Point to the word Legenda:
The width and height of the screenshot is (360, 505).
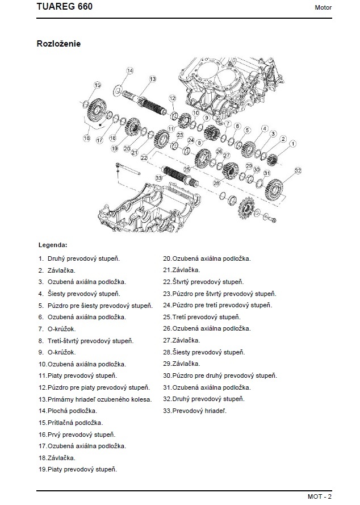53,245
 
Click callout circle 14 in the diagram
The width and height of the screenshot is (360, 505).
129,71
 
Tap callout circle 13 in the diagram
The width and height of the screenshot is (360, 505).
152,79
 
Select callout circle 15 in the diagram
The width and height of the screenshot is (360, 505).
97,85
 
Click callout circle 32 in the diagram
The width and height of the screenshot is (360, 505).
298,170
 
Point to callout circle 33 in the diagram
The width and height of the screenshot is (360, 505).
158,178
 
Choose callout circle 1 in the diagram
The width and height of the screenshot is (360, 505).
292,144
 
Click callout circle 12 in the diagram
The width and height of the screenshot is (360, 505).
170,99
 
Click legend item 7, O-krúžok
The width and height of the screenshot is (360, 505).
57,329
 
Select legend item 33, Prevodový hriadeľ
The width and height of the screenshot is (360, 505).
194,411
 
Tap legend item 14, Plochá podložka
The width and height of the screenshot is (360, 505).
68,411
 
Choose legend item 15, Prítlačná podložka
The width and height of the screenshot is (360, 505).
70,423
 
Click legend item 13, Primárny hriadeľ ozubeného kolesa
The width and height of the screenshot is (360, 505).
95,399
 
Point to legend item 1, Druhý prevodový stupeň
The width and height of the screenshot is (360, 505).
79,258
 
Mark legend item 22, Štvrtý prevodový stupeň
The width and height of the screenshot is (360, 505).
203,282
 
